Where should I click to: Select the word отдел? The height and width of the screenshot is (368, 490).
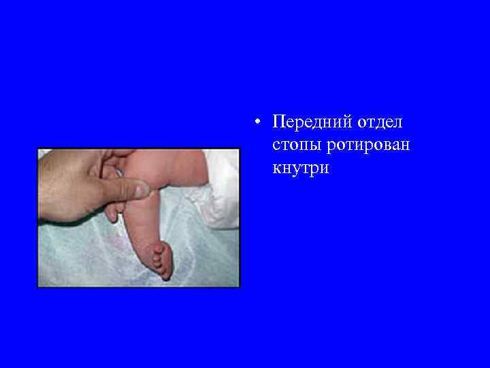click(x=378, y=123)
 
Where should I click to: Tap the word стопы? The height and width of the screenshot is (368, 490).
click(x=294, y=146)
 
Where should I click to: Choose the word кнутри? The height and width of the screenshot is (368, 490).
click(x=300, y=168)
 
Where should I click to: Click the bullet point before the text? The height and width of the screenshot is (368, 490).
click(x=255, y=123)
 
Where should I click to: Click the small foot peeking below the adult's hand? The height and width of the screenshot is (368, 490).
click(x=112, y=212)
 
